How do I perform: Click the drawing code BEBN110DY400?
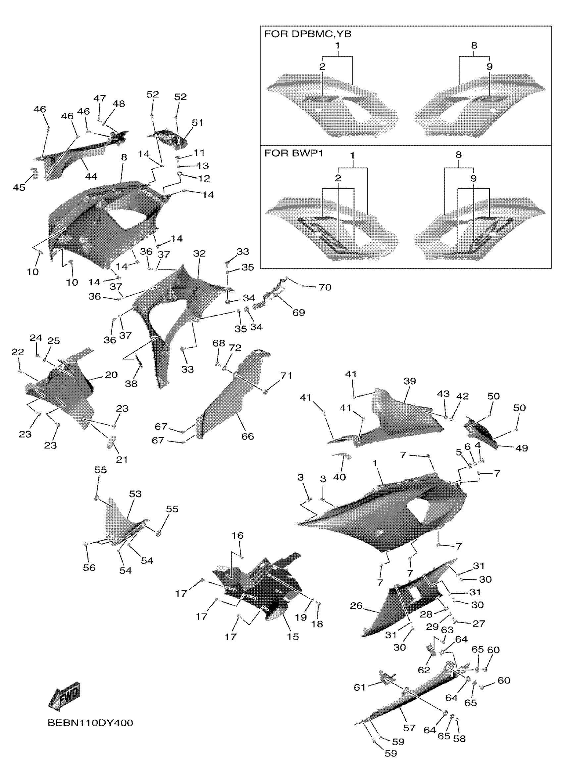[90, 723]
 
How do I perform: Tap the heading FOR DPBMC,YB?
[307, 34]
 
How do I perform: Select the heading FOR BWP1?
[294, 153]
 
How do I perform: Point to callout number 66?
[247, 436]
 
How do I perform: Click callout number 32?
[199, 254]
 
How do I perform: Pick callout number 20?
[111, 375]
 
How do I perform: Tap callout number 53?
[135, 494]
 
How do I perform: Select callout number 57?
[409, 728]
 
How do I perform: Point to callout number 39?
[409, 381]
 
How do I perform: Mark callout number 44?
[91, 176]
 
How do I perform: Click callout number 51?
[197, 122]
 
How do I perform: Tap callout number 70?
[325, 287]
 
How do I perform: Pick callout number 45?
[19, 187]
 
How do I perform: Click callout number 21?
[122, 459]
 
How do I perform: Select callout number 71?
[286, 376]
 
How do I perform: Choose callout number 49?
[522, 448]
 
